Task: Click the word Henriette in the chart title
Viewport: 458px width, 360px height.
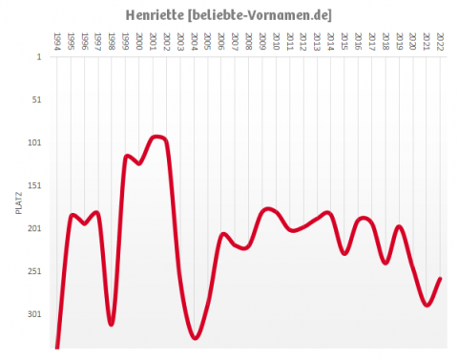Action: tap(155, 16)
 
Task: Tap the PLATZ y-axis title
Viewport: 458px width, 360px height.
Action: tap(19, 201)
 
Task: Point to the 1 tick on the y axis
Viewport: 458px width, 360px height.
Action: tap(39, 56)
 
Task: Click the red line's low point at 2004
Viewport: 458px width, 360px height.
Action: tap(195, 337)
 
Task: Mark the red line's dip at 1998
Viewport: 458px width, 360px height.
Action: tap(111, 325)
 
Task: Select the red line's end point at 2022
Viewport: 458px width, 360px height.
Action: tap(440, 279)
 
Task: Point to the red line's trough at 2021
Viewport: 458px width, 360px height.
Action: tap(427, 305)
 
